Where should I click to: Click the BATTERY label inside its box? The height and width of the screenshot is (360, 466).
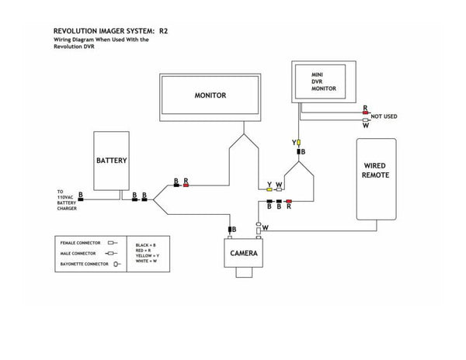[x=112, y=161]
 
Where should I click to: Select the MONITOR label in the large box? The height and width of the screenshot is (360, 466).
[x=210, y=95]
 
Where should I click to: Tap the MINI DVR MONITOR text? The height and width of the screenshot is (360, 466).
[x=322, y=81]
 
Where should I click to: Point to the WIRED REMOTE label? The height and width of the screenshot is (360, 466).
[x=376, y=171]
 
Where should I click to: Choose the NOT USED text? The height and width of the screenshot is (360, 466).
[x=384, y=116]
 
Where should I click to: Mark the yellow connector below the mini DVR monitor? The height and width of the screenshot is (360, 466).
[x=297, y=144]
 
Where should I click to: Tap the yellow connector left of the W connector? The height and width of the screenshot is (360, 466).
[x=269, y=189]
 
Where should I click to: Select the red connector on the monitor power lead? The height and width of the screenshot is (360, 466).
[x=186, y=185]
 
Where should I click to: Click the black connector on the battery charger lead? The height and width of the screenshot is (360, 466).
[x=81, y=199]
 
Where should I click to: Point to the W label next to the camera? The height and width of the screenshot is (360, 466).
[x=266, y=227]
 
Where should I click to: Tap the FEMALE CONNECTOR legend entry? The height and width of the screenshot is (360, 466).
[x=80, y=243]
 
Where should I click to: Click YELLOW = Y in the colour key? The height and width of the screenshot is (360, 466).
[x=148, y=255]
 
